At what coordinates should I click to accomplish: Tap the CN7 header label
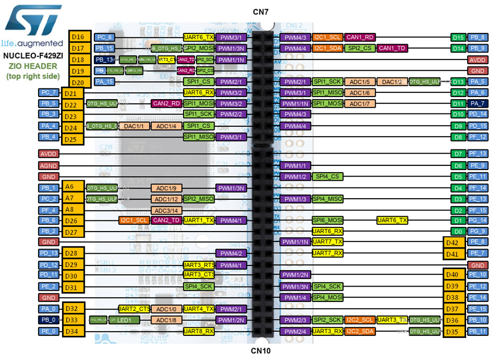[261, 11]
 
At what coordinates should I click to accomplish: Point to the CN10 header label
[261, 351]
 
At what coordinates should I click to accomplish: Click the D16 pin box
[78, 37]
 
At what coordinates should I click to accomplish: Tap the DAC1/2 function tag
[392, 82]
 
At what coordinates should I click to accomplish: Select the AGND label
[49, 166]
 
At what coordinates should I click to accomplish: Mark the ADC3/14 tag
[166, 211]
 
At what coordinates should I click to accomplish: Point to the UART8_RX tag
[199, 331]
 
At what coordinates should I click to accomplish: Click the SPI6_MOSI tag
[328, 220]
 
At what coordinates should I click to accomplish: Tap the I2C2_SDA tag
[359, 331]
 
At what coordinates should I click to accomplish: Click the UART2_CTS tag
[134, 309]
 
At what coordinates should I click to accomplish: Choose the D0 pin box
[458, 231]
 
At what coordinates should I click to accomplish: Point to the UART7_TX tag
[328, 242]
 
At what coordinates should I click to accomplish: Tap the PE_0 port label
[49, 331]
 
